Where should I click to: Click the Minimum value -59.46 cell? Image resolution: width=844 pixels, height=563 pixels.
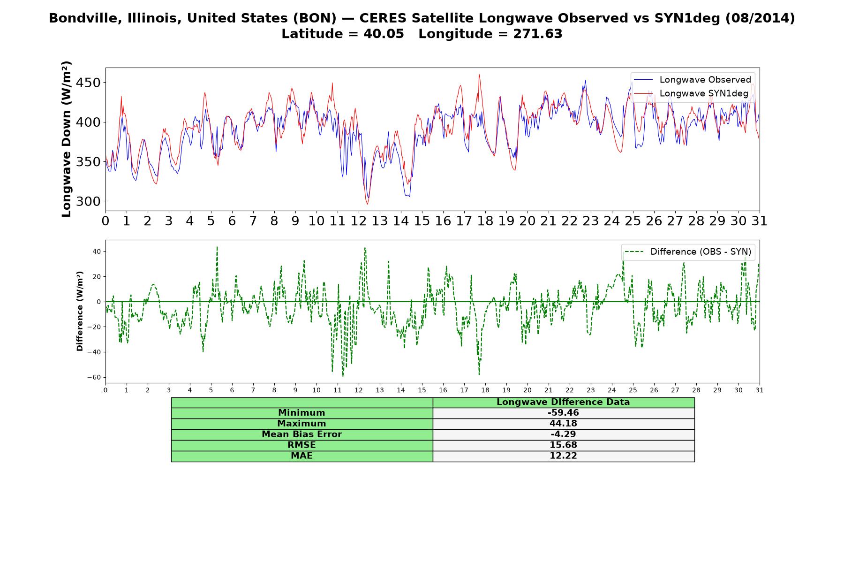tap(563, 413)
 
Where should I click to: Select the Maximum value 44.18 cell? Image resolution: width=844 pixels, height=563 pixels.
tap(563, 424)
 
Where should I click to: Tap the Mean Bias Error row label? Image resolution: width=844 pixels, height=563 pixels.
tap(301, 434)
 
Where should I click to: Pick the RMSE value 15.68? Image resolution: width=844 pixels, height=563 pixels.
tap(563, 445)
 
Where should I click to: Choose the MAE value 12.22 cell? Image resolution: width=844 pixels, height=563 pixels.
tap(563, 456)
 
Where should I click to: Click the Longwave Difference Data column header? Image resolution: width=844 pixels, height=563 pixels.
tap(563, 402)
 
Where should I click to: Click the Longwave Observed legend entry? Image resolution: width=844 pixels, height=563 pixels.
tap(692, 80)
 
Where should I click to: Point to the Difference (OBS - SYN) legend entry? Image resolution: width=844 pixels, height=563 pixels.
tap(688, 252)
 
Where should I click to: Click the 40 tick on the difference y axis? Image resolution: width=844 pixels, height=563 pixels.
tap(97, 252)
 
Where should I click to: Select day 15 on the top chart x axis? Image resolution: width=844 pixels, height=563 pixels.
tap(422, 221)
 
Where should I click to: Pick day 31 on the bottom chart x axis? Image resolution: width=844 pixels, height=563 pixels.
tap(760, 390)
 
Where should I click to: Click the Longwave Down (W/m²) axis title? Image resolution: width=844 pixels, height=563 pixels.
tap(67, 139)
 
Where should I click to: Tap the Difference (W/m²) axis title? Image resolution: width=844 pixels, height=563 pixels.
tap(80, 312)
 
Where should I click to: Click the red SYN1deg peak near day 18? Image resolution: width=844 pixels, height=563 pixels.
tap(479, 74)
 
